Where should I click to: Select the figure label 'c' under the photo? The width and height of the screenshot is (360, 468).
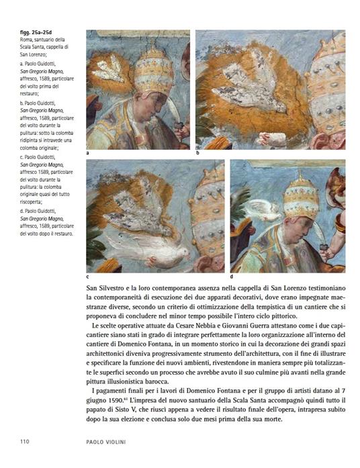point(88,276)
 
